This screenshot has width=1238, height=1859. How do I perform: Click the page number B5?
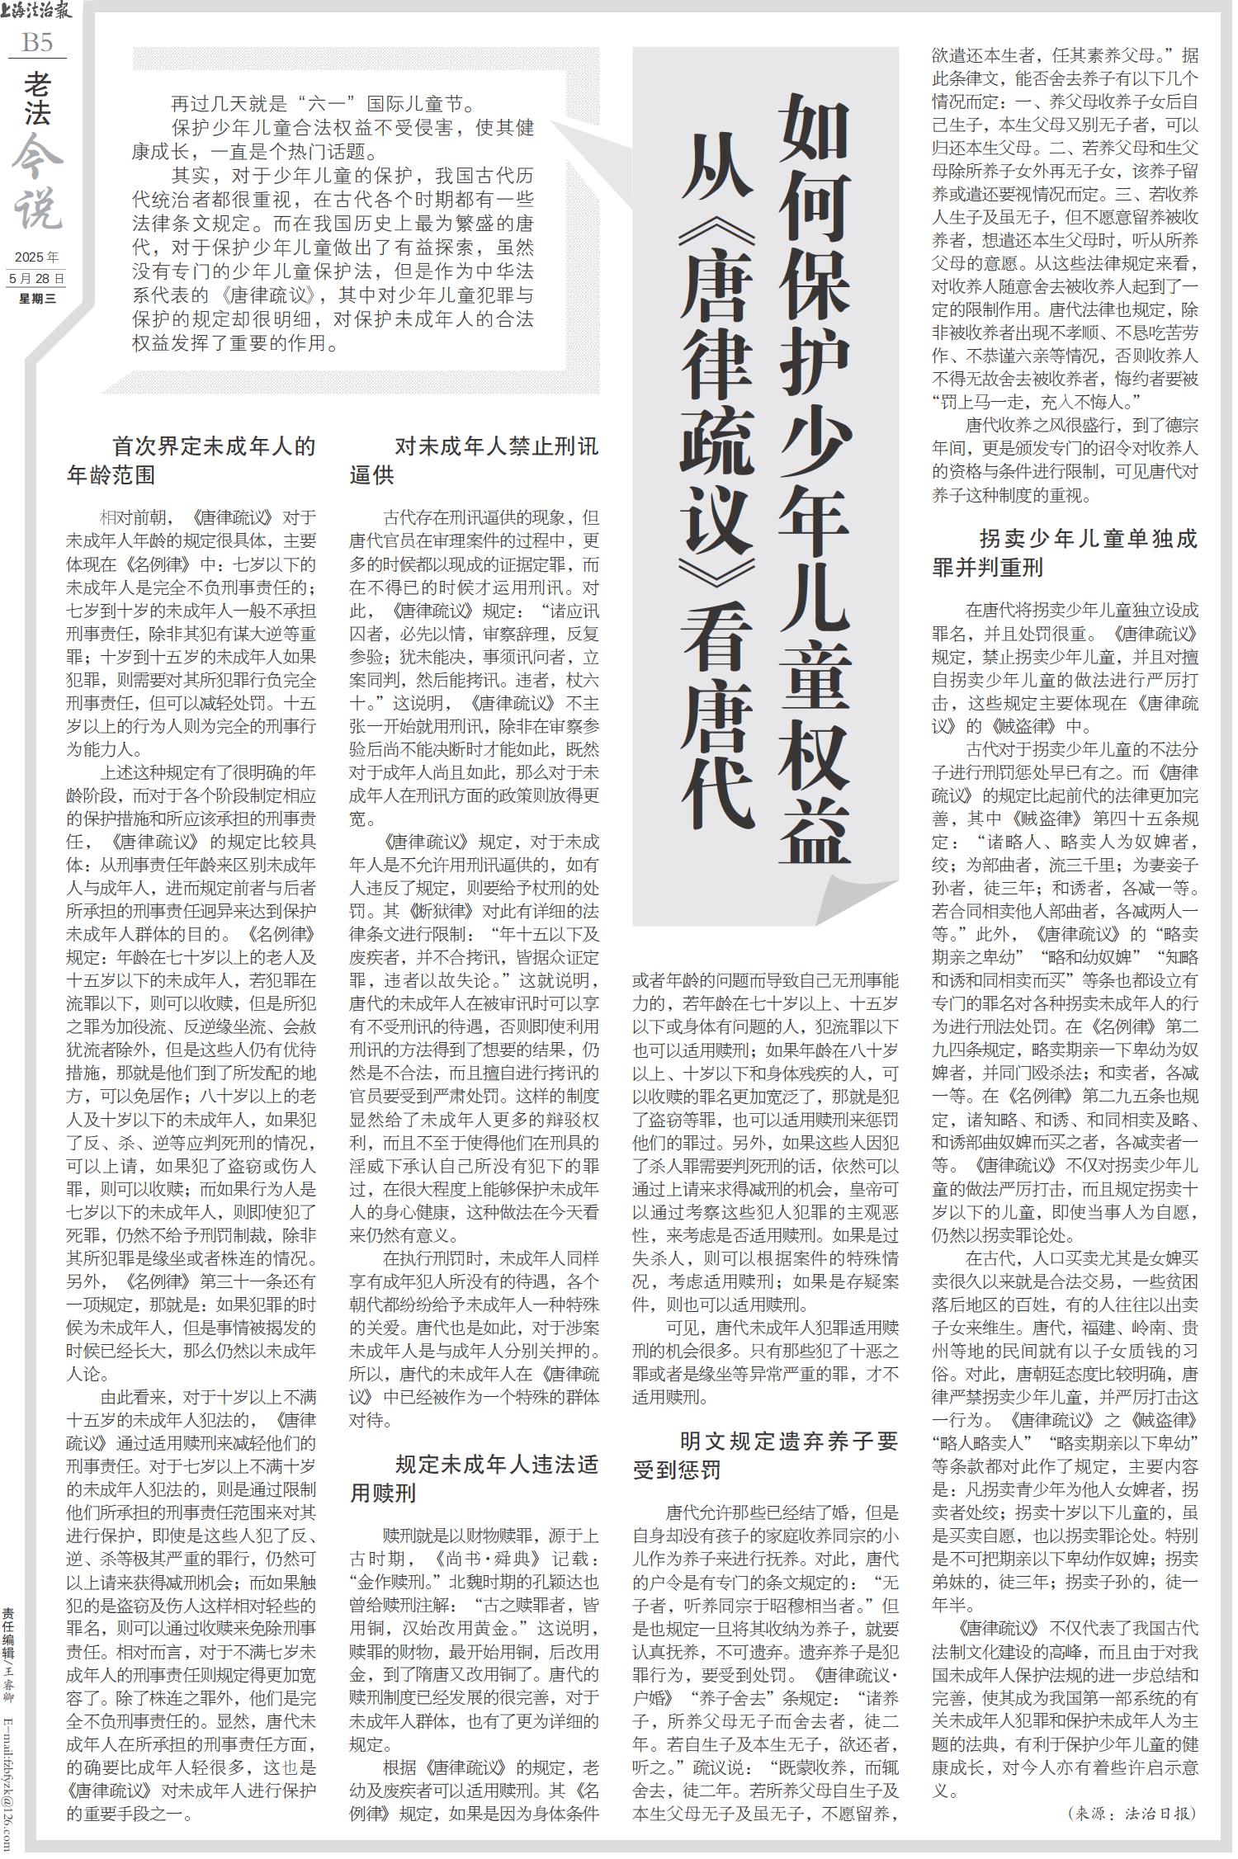(36, 43)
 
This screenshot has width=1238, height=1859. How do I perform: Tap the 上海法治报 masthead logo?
(36, 12)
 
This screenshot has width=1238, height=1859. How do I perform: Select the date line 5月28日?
(36, 278)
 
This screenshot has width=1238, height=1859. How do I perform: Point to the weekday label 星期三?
(36, 299)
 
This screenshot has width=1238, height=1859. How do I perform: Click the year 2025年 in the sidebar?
(36, 257)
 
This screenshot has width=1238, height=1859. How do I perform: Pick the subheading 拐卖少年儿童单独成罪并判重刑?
(1065, 554)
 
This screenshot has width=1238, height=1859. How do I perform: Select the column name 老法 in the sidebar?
(37, 97)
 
